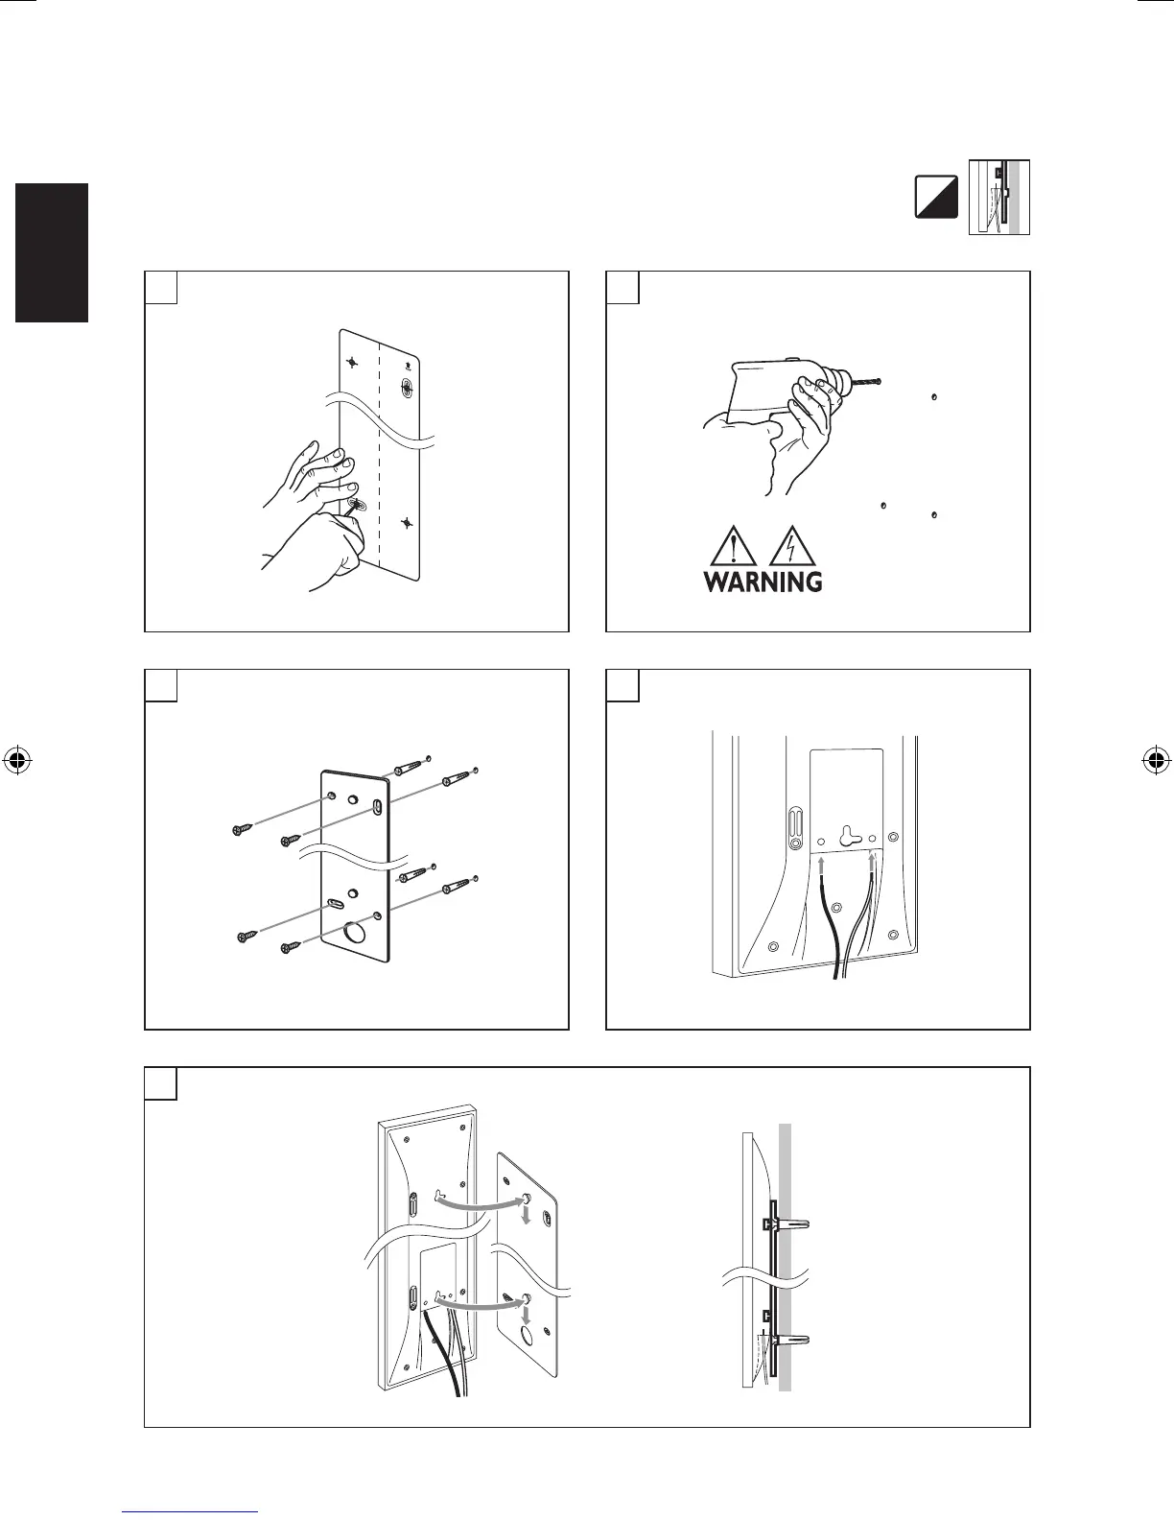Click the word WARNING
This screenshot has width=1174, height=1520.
(763, 582)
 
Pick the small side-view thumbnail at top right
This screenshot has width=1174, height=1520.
(998, 198)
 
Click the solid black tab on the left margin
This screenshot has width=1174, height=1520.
(52, 252)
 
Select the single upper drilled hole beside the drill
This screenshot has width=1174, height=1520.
(934, 396)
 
